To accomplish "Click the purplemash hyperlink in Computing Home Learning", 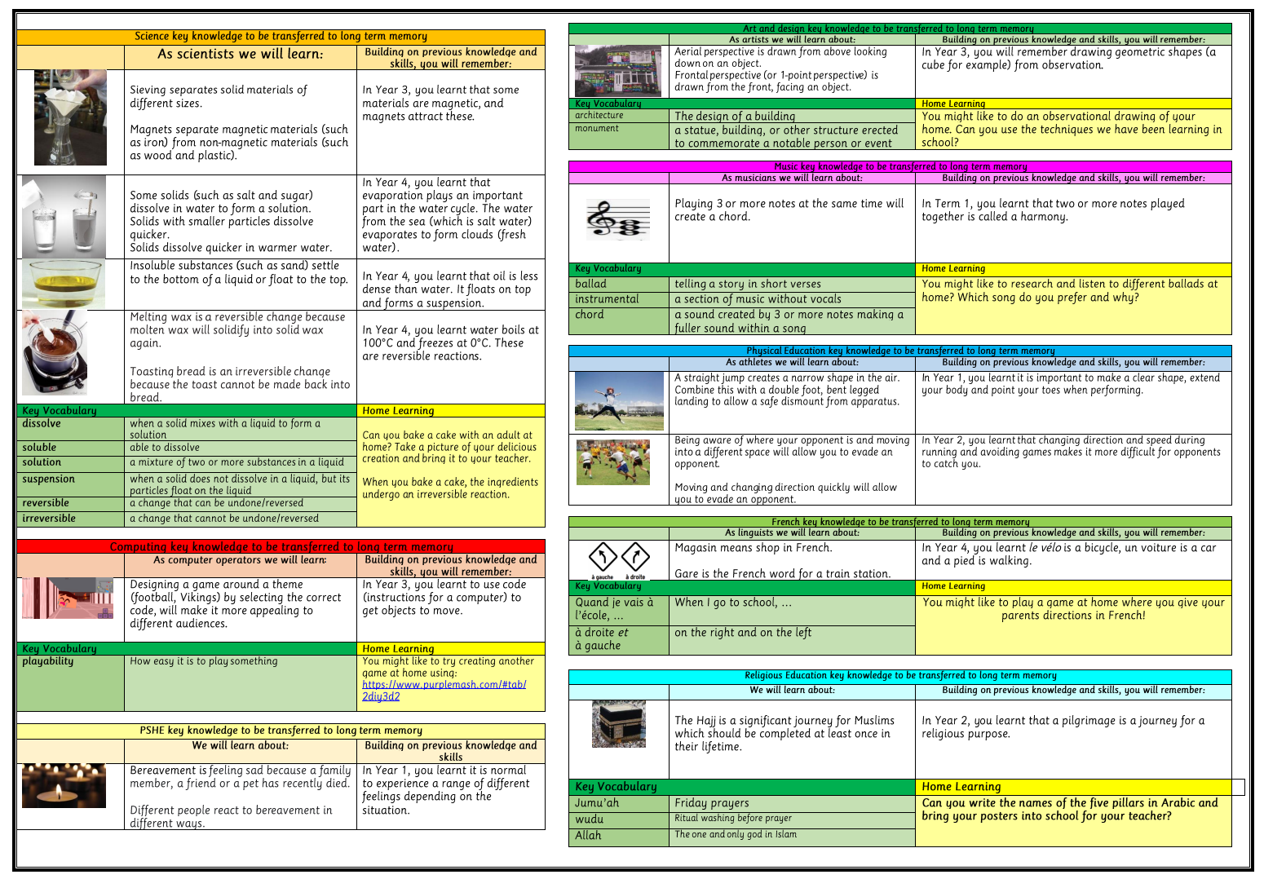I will [x=444, y=690].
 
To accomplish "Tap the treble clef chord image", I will [x=619, y=219].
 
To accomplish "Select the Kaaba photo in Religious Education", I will [x=618, y=724].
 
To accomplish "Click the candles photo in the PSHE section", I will [x=64, y=785].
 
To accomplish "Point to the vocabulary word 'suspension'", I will [x=49, y=479].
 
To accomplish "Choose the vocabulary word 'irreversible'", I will [x=49, y=519].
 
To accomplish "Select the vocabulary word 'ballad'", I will [x=591, y=285].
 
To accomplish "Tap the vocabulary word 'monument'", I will [x=597, y=129].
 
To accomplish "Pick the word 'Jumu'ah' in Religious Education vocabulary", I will [x=597, y=803].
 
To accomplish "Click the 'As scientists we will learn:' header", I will [x=241, y=55].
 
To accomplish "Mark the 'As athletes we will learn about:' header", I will [x=792, y=363].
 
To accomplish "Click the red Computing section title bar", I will [x=281, y=546].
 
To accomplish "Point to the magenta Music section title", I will [x=900, y=166].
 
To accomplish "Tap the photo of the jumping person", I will [x=619, y=401].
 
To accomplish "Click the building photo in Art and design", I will [x=618, y=72].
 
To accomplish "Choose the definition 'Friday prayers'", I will [x=712, y=803].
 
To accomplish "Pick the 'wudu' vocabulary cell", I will [x=590, y=819].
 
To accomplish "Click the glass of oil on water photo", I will [x=64, y=284].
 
